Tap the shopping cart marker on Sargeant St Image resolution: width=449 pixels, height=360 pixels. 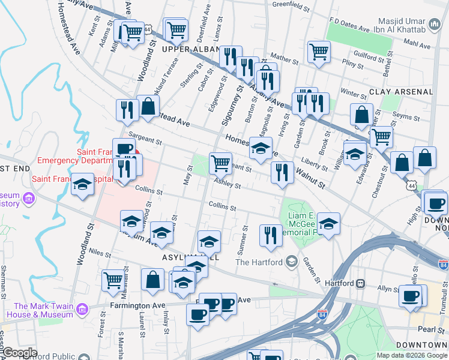[220, 163]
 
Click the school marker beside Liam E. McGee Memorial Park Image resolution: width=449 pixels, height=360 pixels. [328, 224]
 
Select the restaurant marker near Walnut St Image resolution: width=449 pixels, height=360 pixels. [282, 172]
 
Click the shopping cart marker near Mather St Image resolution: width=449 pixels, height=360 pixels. [319, 51]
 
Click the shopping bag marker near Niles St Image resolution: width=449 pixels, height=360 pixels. [152, 280]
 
